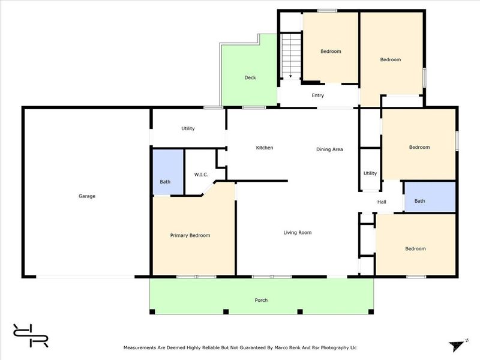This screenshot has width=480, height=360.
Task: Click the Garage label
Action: (x=87, y=196)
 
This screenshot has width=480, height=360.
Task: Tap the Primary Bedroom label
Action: (x=190, y=235)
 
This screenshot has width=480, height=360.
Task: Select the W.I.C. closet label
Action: (x=201, y=175)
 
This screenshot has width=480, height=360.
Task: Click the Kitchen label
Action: (x=265, y=148)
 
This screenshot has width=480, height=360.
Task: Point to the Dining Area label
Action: (x=329, y=149)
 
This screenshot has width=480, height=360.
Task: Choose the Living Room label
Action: (x=298, y=233)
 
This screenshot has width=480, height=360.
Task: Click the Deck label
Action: (x=250, y=78)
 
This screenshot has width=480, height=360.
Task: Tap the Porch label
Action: (x=261, y=301)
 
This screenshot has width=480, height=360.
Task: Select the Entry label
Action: (x=318, y=95)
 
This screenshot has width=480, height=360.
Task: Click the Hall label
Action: (x=382, y=202)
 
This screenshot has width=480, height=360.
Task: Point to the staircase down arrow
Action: (x=290, y=76)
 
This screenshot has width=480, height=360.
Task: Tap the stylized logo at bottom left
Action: (x=31, y=335)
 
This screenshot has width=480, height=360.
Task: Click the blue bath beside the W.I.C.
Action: (x=168, y=172)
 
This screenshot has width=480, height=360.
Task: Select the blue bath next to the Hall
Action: (x=430, y=197)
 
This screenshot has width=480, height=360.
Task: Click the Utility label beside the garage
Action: (x=188, y=128)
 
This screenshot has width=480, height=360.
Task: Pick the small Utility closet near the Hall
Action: (x=370, y=170)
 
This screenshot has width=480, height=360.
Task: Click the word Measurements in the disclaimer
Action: (x=140, y=348)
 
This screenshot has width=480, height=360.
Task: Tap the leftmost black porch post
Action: (x=152, y=311)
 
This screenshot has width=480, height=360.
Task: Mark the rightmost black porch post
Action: (x=371, y=311)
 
